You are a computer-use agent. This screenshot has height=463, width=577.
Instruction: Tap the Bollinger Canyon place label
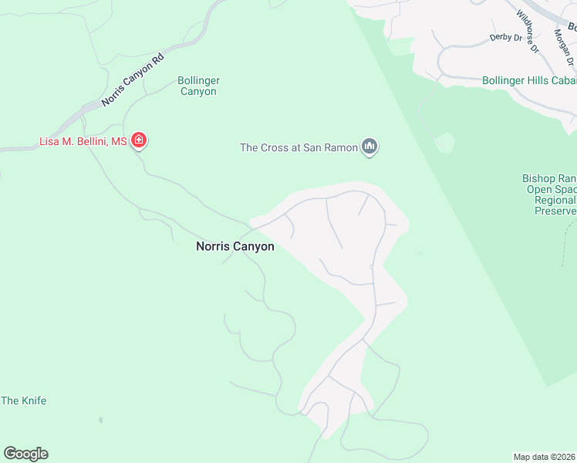198,86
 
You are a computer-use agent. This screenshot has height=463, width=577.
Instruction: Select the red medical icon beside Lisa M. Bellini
139,140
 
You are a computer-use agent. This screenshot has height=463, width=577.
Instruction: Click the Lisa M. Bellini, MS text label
83,141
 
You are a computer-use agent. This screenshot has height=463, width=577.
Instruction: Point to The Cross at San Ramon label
300,147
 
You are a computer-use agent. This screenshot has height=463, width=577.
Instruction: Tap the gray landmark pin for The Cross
369,147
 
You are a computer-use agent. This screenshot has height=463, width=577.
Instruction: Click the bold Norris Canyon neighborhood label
235,247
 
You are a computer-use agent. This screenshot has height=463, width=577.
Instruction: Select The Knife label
24,400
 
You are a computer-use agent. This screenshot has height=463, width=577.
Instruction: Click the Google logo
25,454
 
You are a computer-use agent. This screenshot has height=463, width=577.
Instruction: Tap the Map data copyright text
545,457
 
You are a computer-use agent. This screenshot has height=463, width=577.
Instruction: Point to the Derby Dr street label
505,37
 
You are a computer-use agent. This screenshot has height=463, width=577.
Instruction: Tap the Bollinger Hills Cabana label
528,79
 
